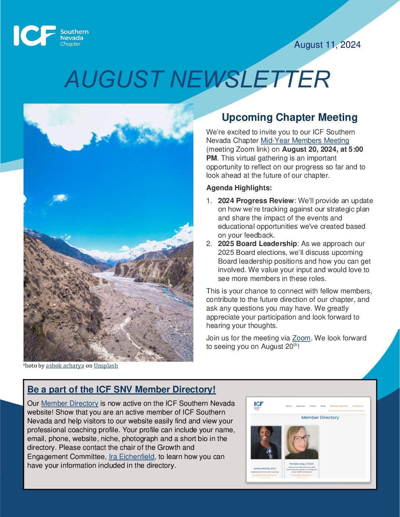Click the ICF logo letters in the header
[x=35, y=36]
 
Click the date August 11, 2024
[x=327, y=45]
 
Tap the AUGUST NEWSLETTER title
[x=197, y=79]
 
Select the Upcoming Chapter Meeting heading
[x=289, y=117]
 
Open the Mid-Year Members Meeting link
[x=304, y=141]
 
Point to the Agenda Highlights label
[x=239, y=188]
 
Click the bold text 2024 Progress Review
[x=256, y=201]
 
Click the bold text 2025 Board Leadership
[x=257, y=244]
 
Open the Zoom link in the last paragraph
[x=301, y=338]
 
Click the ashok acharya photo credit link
[x=65, y=366]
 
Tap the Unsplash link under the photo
[x=106, y=366]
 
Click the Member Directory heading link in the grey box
[x=121, y=390]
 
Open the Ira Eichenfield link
[x=131, y=457]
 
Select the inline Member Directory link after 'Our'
[x=69, y=404]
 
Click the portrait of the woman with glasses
[x=301, y=442]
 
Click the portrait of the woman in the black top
[x=265, y=442]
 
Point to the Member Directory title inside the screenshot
[x=320, y=417]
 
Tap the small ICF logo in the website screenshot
[x=258, y=405]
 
